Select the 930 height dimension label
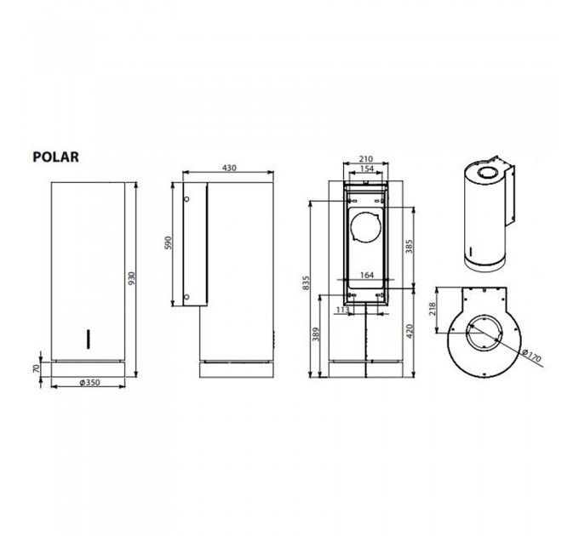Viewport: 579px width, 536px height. pos(131,278)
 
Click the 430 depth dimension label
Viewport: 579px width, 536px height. pos(228,168)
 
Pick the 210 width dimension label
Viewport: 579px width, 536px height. pos(366,159)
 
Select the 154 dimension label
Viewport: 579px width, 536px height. pos(366,169)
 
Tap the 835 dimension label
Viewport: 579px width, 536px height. pos(307,281)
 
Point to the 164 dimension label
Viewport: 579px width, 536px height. pos(367,274)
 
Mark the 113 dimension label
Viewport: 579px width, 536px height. pos(343,310)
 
